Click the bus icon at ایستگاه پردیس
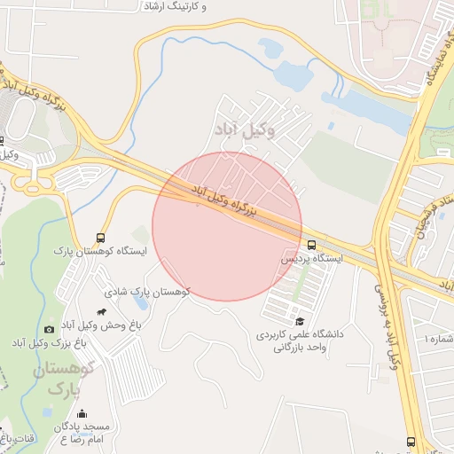[311, 245]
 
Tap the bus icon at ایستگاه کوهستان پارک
[100, 238]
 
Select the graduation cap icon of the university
[299, 321]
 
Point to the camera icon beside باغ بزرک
[49, 329]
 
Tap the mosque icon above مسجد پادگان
[82, 413]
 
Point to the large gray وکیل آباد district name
[245, 130]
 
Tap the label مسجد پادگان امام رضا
[82, 433]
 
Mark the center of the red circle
[227, 226]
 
